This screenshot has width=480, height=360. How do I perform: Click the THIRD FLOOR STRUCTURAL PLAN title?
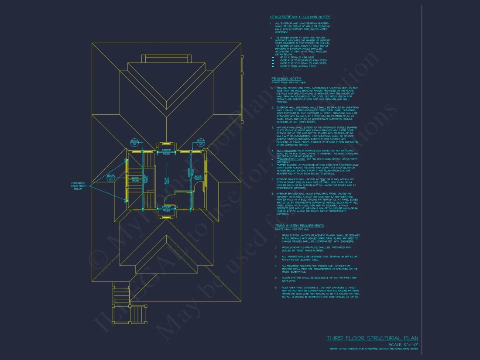(x=373, y=338)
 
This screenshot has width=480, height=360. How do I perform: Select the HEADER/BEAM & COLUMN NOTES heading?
(x=300, y=17)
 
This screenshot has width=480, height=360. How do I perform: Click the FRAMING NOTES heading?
(x=286, y=79)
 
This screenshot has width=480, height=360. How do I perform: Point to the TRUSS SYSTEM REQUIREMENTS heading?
(x=299, y=226)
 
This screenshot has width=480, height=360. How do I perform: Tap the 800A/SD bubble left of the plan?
(x=111, y=178)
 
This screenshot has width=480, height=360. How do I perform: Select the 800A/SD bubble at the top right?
(x=200, y=142)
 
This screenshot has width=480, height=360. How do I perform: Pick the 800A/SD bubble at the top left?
(x=135, y=142)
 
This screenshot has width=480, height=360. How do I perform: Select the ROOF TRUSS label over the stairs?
(x=135, y=178)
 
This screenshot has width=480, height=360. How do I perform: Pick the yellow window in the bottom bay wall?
(x=166, y=216)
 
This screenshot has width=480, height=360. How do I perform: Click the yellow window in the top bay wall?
(x=166, y=143)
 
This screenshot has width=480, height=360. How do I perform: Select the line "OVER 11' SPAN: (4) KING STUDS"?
(x=299, y=66)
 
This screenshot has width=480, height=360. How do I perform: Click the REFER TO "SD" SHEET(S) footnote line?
(x=374, y=349)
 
